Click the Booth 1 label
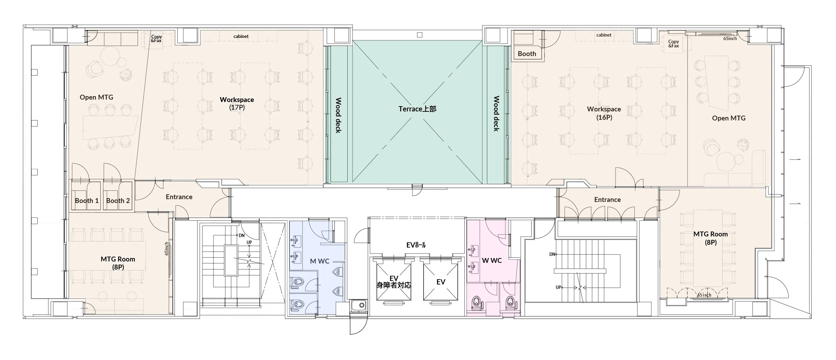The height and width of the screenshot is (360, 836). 87,201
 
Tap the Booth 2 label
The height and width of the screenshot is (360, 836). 118,201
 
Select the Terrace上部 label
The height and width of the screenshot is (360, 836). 417,109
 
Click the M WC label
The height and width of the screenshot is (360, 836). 319,261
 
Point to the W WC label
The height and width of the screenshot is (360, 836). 492,260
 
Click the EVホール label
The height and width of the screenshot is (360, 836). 416,245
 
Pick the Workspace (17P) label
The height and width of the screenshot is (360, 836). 237,103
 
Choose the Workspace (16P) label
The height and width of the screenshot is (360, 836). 604,113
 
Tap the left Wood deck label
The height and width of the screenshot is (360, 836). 338,115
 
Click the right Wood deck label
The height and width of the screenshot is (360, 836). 496,114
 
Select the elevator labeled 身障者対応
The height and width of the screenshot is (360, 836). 394,282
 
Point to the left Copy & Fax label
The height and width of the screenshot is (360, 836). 156,39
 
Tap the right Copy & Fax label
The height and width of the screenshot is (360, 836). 673,44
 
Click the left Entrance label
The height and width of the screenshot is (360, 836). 179,197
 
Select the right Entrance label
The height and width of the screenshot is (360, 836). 607,200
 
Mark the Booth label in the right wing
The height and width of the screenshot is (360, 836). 527,54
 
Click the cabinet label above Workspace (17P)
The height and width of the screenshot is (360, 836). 241,36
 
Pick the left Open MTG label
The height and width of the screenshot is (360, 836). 96,97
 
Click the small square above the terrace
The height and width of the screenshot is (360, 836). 420,35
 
